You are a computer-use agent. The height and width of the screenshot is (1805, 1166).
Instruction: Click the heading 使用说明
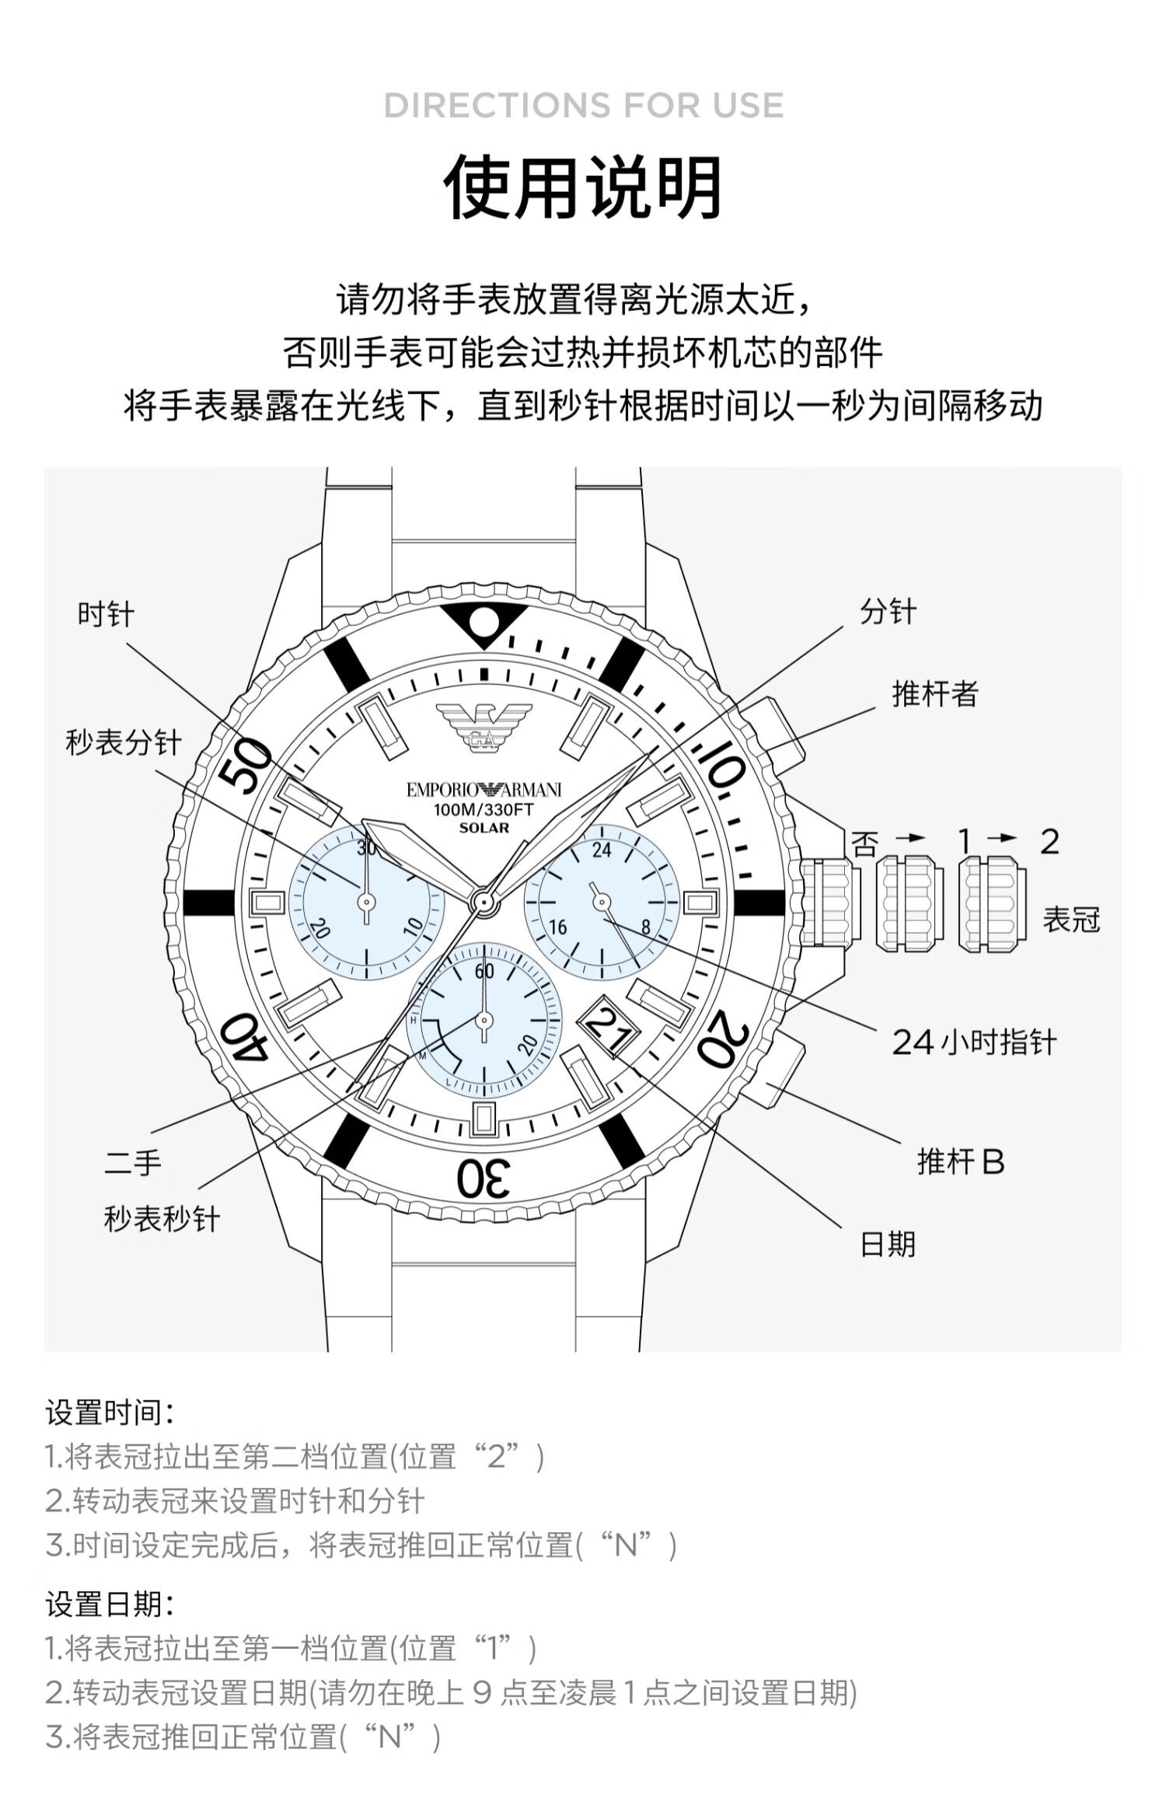[583, 188]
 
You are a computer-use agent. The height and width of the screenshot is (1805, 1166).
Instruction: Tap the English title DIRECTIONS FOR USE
[583, 106]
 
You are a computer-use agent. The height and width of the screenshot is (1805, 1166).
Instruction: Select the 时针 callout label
[106, 615]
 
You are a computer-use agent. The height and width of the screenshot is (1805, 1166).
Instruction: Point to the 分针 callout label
[888, 612]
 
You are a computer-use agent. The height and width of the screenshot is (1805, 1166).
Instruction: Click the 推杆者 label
[934, 693]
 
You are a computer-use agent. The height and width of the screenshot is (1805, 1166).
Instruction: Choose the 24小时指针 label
[974, 1042]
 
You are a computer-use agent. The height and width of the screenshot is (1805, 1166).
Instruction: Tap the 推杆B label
[961, 1162]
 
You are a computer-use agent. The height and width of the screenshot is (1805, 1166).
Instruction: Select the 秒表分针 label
[124, 743]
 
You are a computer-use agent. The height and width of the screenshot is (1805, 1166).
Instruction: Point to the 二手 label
[133, 1164]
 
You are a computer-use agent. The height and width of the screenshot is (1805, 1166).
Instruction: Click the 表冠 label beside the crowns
[1071, 920]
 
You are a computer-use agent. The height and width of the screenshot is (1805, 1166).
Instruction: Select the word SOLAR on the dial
[484, 828]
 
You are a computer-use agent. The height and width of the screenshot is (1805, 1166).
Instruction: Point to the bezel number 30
[483, 1178]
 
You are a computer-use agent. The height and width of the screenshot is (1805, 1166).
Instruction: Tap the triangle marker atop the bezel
[484, 623]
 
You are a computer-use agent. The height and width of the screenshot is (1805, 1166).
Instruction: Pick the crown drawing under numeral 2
[992, 904]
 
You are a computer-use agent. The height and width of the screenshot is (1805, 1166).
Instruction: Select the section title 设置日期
[110, 1604]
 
